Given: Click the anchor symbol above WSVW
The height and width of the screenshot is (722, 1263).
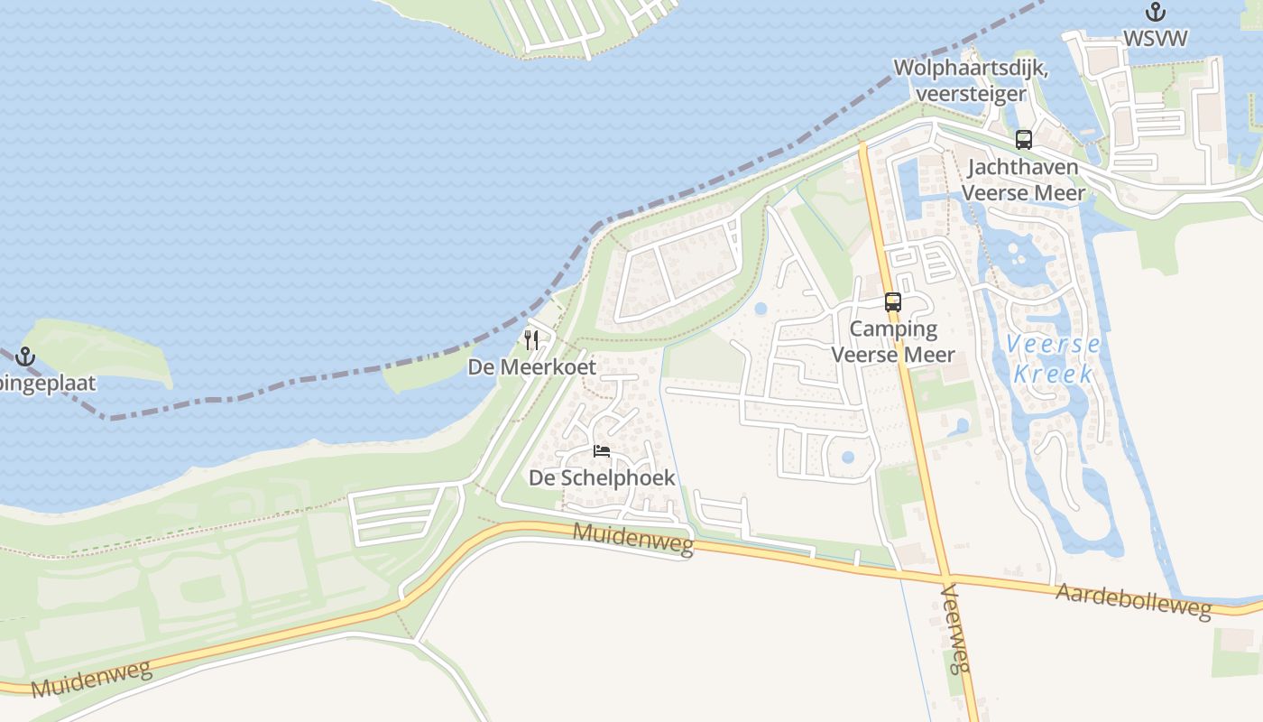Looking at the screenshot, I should pyautogui.click(x=1155, y=13).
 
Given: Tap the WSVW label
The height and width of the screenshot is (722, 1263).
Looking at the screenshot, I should pyautogui.click(x=1155, y=38).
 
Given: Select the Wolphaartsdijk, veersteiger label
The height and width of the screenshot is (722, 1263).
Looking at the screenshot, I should pyautogui.click(x=970, y=80).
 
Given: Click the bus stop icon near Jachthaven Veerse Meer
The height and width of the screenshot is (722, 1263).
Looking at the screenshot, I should pyautogui.click(x=1023, y=139).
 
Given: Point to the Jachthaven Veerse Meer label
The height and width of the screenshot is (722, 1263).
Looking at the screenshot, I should pyautogui.click(x=1023, y=179).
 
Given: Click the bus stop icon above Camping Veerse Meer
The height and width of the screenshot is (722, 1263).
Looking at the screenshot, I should pyautogui.click(x=892, y=302).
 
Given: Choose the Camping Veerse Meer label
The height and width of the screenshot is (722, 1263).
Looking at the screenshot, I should pyautogui.click(x=892, y=341).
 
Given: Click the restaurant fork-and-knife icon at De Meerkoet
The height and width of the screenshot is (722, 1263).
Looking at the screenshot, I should pyautogui.click(x=531, y=340).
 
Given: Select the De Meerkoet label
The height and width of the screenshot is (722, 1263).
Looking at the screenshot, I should pyautogui.click(x=531, y=367).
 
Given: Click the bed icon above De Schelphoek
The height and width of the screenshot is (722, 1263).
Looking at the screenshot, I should pyautogui.click(x=602, y=451).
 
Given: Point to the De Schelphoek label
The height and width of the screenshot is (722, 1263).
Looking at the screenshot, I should pyautogui.click(x=602, y=477).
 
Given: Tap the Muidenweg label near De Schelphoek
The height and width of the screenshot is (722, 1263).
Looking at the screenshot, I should pyautogui.click(x=633, y=539).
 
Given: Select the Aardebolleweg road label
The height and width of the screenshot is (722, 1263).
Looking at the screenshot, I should pyautogui.click(x=1133, y=601).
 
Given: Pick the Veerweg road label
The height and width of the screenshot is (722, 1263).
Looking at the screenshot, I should pyautogui.click(x=955, y=628).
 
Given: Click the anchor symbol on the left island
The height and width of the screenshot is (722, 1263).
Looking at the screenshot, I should pyautogui.click(x=24, y=356).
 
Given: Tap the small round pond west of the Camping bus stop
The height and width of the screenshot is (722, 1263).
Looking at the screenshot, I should pyautogui.click(x=761, y=309).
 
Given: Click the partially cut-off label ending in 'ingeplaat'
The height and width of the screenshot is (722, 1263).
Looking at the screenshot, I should pyautogui.click(x=47, y=384).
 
